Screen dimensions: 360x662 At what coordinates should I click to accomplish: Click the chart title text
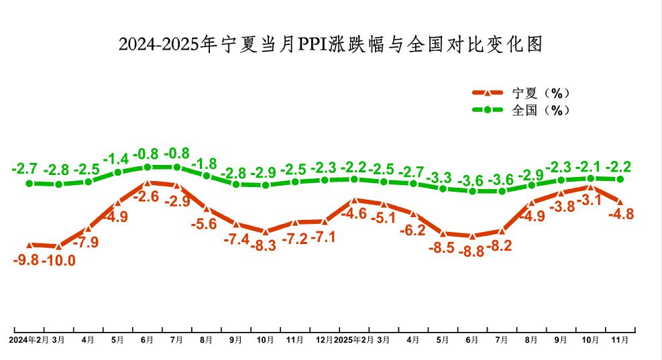pyautogui.click(x=330, y=44)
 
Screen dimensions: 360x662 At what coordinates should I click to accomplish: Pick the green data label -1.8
pyautogui.click(x=204, y=163)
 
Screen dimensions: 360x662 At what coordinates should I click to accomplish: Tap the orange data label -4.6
pyautogui.click(x=354, y=215)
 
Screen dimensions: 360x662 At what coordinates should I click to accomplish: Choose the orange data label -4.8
pyautogui.click(x=620, y=215)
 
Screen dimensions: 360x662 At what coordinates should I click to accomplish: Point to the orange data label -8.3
pyautogui.click(x=264, y=245)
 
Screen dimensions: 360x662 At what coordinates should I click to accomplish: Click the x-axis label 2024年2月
pyautogui.click(x=29, y=340)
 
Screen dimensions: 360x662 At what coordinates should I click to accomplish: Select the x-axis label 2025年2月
pyautogui.click(x=353, y=340)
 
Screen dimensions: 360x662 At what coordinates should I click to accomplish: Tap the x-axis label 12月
pyautogui.click(x=325, y=340)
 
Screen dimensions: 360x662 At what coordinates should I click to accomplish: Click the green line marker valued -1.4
pyautogui.click(x=118, y=172)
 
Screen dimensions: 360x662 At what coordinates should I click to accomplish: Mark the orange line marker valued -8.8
pyautogui.click(x=472, y=236)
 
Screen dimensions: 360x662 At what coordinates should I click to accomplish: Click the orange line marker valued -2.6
pyautogui.click(x=148, y=182)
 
